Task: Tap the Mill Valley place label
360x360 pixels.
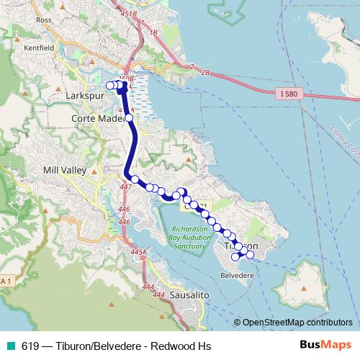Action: click(65, 171)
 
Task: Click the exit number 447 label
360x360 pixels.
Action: click(126, 186)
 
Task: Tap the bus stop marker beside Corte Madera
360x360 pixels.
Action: click(129, 117)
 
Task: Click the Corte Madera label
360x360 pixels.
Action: click(98, 118)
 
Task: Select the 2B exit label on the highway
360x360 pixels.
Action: click(206, 73)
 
